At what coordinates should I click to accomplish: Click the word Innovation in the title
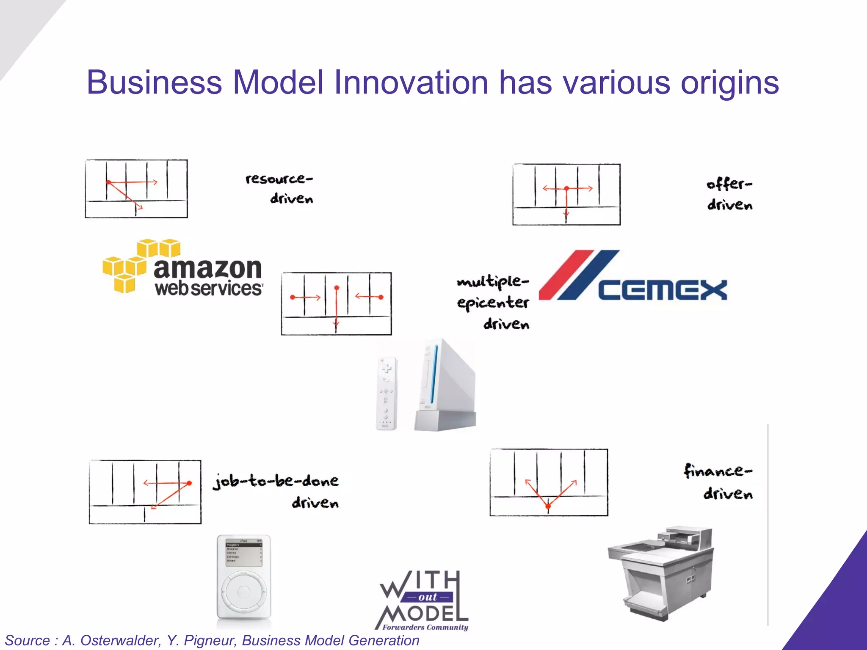click(411, 83)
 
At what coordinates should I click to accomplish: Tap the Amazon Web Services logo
click(183, 267)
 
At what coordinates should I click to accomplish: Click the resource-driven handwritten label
click(279, 188)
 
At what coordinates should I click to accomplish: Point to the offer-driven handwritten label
click(729, 194)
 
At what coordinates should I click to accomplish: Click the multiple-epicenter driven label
click(493, 302)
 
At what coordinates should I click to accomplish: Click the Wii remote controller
click(387, 394)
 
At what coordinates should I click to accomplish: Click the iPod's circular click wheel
click(244, 591)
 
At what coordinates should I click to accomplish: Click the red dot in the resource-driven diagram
click(109, 182)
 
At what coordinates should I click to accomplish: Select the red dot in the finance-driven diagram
click(548, 506)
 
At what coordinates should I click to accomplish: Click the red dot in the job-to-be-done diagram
click(189, 483)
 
